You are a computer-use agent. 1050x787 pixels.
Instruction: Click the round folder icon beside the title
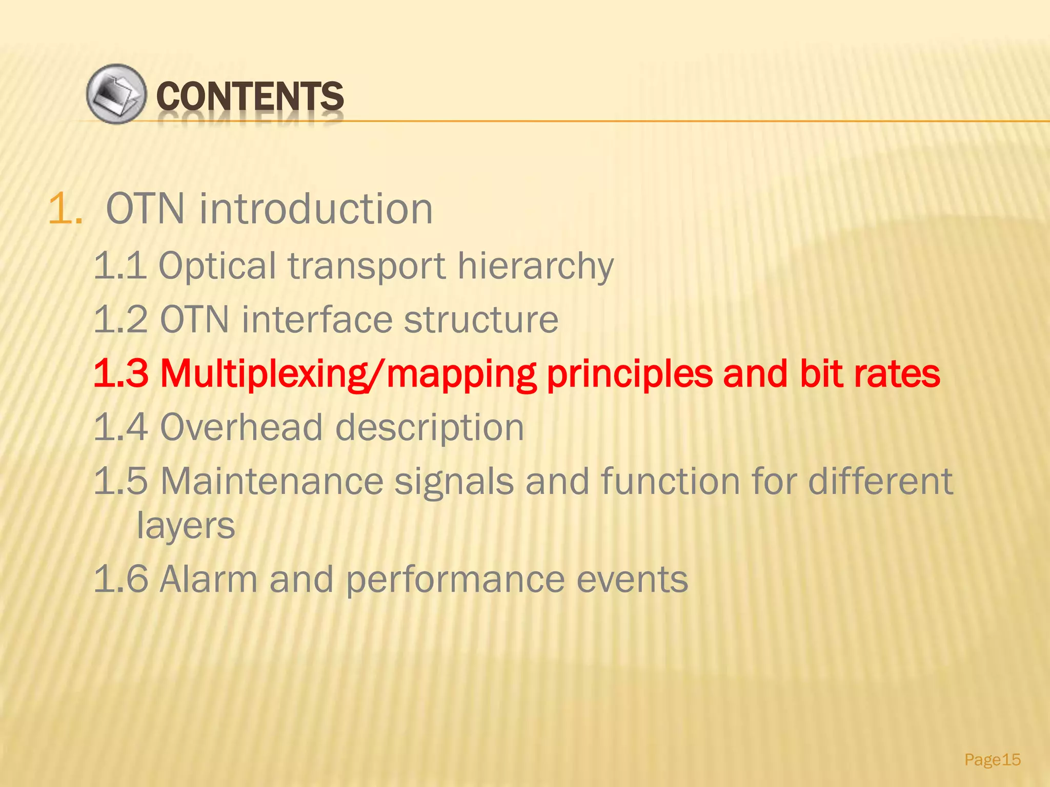pos(116,94)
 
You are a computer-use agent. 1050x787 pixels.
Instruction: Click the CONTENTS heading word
pos(250,96)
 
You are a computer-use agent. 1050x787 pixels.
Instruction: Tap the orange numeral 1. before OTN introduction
pos(65,209)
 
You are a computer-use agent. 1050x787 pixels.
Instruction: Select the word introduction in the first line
pos(316,209)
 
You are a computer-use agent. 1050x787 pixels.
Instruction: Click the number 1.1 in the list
pos(120,265)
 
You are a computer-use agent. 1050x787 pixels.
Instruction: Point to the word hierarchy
pos(535,266)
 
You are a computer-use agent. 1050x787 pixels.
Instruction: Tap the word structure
pos(481,320)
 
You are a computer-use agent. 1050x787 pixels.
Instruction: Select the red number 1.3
pos(121,374)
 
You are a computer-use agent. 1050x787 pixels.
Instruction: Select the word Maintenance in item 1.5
pos(272,481)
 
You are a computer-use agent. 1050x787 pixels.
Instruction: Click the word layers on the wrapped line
pos(186,526)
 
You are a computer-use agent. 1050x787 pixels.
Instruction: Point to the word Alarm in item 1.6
pos(208,579)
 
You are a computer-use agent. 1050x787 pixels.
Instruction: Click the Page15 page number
pos(993,759)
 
